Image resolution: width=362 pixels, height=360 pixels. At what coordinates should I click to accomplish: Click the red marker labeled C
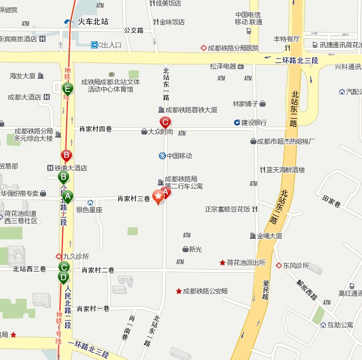pos(164,122)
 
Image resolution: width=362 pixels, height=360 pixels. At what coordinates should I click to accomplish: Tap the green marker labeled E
pos(67,90)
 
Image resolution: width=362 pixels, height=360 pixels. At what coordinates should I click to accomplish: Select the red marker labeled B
pos(66,156)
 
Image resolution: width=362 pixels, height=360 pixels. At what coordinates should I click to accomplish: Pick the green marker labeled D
pos(63,278)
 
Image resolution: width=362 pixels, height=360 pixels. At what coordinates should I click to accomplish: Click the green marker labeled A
pos(68,196)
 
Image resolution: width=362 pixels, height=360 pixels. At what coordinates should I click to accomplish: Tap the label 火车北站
pos(93,21)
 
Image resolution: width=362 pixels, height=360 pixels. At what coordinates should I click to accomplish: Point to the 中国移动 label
pos(179,156)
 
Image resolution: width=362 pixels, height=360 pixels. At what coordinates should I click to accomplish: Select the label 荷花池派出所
pos(246,262)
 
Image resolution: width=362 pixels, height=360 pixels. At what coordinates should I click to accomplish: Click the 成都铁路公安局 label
pos(205,291)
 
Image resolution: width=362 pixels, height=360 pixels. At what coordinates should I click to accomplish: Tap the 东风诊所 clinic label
pos(296,265)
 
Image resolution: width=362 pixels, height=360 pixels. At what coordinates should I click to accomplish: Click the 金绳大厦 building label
pos(269,235)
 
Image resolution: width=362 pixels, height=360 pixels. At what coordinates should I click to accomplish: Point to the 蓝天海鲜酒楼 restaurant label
pos(285,170)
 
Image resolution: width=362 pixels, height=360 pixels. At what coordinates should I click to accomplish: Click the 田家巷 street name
pos(332,201)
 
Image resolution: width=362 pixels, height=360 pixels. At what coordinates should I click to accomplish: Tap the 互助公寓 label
pos(340,325)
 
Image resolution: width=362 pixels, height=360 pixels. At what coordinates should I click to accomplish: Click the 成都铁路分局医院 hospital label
pos(233,48)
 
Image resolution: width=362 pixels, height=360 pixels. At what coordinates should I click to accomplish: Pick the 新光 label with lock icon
pos(195,248)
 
